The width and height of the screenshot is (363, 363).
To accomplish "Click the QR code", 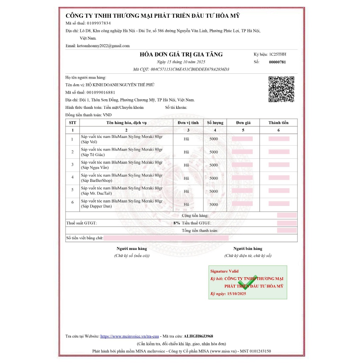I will point(281,89).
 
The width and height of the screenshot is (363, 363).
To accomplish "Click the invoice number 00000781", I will point(277,62).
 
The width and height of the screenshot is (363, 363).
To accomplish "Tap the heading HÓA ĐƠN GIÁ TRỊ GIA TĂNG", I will point(181,54).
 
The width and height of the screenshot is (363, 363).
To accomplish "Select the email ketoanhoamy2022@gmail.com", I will point(103,46).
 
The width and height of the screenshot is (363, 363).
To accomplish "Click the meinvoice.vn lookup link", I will point(129,336).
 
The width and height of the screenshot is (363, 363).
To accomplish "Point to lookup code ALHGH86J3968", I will point(199,336).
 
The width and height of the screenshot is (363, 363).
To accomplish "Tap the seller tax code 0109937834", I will point(99,23).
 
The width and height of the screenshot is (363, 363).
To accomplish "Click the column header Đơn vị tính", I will point(188,123).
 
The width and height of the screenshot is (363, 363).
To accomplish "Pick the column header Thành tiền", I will point(278,123).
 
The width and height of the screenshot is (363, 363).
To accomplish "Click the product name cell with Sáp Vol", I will point(122,139).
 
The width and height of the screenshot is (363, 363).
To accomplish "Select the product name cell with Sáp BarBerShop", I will point(122,178).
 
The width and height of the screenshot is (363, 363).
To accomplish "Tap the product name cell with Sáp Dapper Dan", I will point(122,203).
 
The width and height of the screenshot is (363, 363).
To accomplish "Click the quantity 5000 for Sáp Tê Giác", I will point(214,152).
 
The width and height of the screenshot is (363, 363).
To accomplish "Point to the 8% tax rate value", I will point(176,223).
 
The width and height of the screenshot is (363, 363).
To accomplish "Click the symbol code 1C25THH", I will point(278,54).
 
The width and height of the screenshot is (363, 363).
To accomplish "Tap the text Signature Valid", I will point(224,271).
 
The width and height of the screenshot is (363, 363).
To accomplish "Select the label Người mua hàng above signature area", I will point(132,248).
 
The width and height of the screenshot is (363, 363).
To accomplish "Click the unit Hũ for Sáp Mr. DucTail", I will point(186,191).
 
